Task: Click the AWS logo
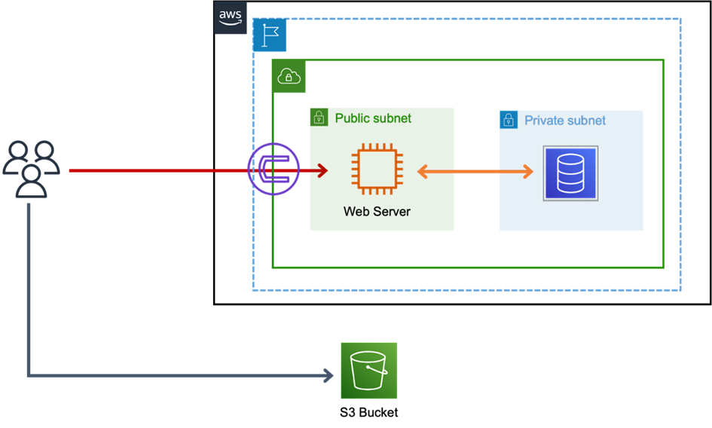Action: click(231, 17)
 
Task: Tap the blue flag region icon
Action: click(269, 35)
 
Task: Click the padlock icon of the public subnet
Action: click(319, 118)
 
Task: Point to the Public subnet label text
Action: click(373, 118)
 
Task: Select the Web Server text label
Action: click(377, 212)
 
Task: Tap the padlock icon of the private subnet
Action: click(509, 120)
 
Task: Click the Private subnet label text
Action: click(565, 121)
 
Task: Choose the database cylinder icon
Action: click(571, 173)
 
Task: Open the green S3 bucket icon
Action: click(368, 371)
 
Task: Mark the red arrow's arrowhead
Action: click(323, 171)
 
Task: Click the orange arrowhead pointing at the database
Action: click(527, 172)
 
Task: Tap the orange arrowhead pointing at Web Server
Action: click(422, 172)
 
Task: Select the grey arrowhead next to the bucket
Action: click(329, 375)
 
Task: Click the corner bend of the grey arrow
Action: click(29, 374)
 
